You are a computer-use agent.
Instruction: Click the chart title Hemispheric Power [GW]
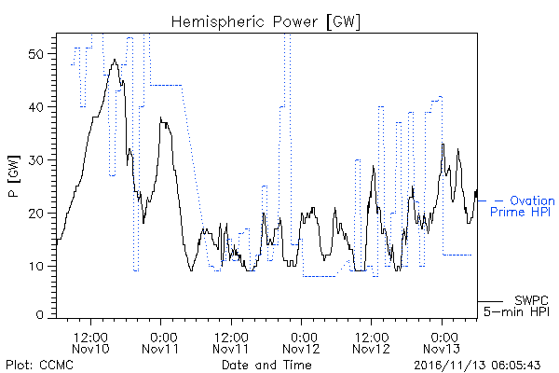tap(266, 22)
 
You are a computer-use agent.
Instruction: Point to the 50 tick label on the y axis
tap(35, 54)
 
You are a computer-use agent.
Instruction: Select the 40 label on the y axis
tap(35, 106)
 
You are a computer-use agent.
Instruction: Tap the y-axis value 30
tap(35, 159)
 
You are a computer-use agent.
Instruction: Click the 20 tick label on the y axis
tap(35, 214)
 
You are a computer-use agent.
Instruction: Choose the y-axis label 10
tap(35, 266)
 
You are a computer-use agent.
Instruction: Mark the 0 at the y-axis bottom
tap(39, 314)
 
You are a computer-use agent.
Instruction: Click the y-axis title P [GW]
tap(14, 176)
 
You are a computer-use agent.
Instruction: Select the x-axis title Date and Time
tap(266, 365)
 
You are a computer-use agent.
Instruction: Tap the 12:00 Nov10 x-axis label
tap(90, 342)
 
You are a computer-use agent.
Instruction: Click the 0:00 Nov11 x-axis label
tap(161, 342)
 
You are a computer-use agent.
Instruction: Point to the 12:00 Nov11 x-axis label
tap(231, 342)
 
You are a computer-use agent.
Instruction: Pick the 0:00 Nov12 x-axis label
tap(301, 342)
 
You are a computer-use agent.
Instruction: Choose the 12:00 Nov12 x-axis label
tap(372, 342)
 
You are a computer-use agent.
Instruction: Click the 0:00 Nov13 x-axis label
tap(442, 342)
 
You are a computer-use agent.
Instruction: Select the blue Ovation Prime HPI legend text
tap(523, 206)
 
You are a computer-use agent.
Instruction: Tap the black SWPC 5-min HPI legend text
tap(516, 306)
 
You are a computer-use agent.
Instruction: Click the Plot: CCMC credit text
tap(40, 365)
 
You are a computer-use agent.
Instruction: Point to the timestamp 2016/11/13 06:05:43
tap(477, 366)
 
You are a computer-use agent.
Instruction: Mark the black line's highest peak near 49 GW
tap(115, 60)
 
